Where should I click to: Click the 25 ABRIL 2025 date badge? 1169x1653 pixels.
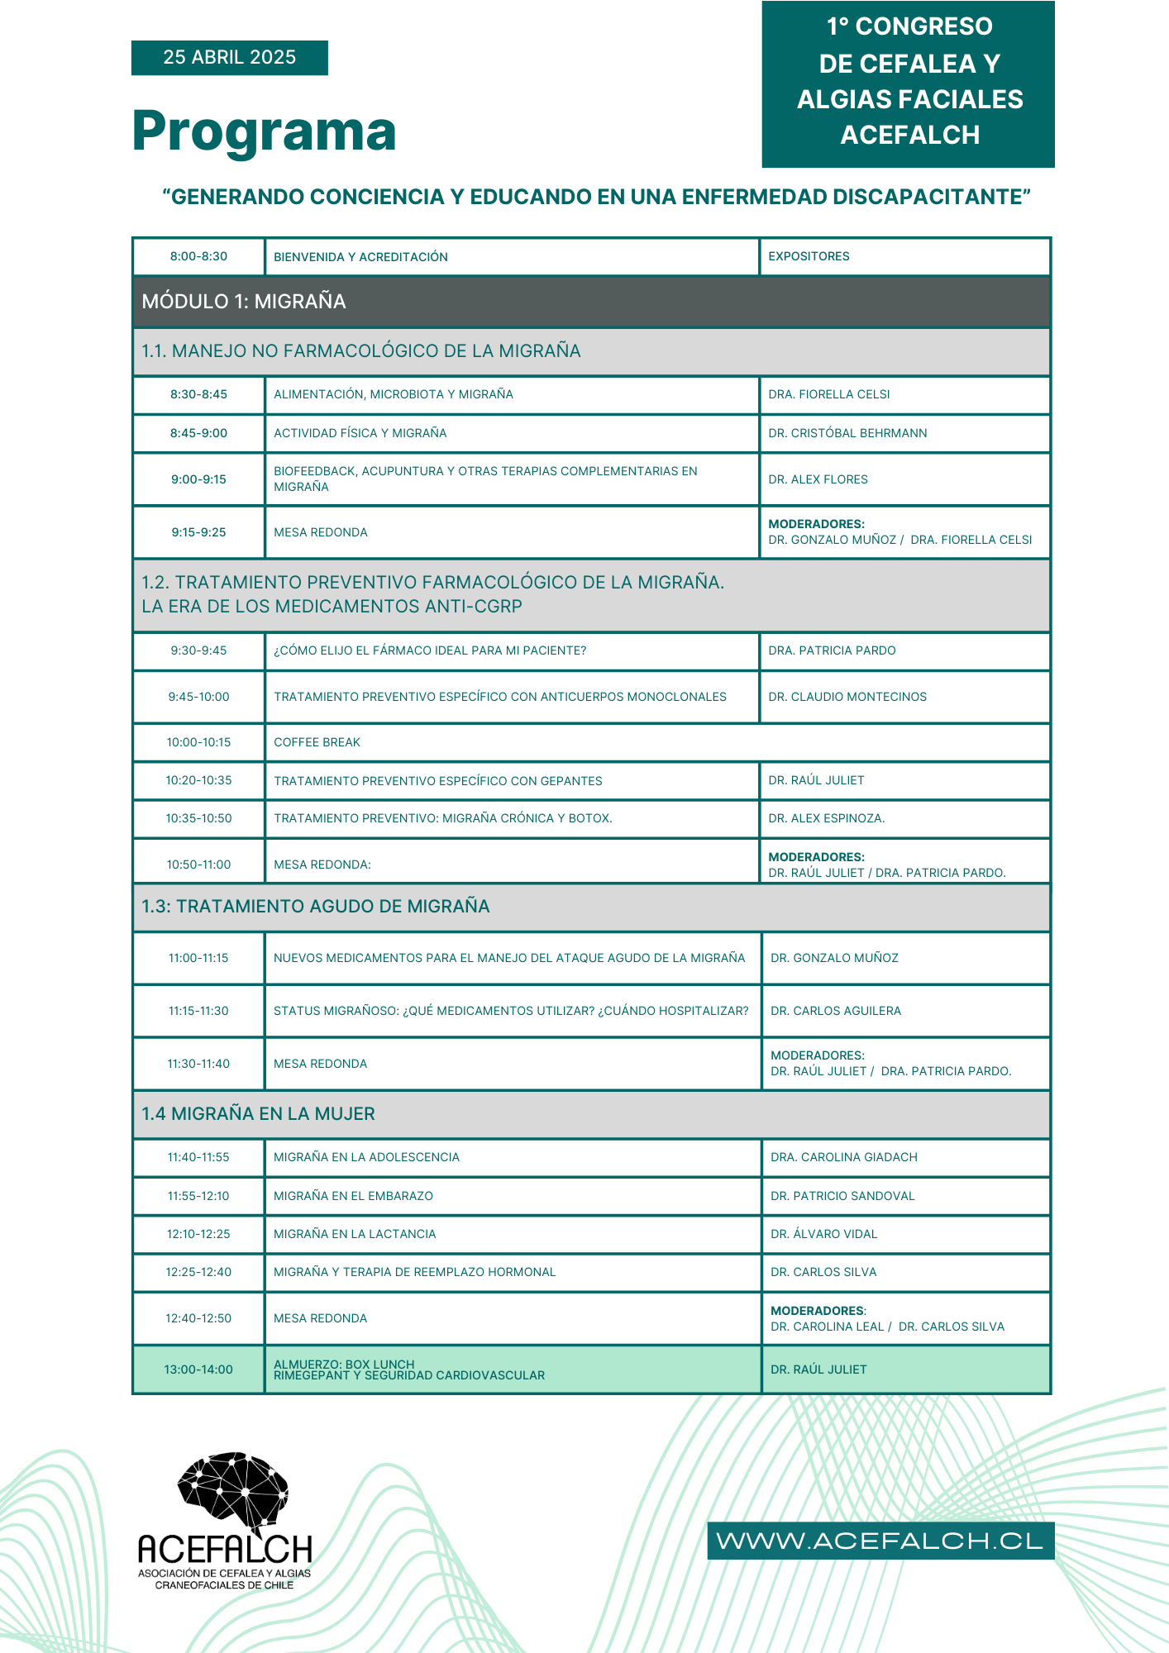229,57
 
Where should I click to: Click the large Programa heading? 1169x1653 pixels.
264,131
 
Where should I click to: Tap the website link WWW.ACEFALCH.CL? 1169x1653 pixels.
880,1541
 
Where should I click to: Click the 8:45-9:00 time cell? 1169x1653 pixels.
198,433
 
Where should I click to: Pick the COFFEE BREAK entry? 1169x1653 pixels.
317,742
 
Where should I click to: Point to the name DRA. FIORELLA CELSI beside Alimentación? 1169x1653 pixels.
828,394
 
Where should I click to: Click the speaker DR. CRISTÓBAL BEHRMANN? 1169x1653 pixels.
847,433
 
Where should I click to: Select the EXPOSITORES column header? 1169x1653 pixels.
809,256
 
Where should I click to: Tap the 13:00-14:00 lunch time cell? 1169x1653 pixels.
198,1370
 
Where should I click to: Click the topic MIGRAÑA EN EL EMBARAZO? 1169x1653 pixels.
353,1196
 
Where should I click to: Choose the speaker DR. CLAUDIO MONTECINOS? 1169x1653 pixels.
847,697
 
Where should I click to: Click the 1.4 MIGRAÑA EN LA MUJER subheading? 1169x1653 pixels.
258,1114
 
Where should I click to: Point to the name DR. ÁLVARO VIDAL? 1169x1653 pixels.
823,1234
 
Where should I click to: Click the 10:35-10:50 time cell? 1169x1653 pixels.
198,818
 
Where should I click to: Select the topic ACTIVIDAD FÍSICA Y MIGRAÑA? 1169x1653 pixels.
360,433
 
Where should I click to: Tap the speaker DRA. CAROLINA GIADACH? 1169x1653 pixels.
843,1157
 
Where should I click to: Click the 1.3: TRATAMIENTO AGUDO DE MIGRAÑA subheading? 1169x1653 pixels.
315,907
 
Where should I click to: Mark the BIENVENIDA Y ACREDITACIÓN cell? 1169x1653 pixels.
360,257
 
